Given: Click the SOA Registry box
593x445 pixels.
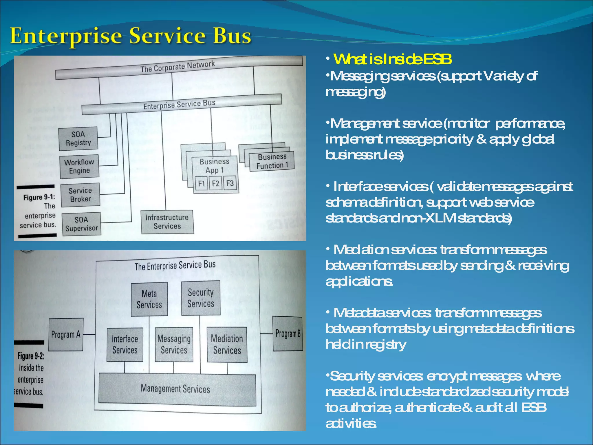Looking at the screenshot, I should coord(78,138).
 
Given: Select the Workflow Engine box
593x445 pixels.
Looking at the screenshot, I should coord(79,166).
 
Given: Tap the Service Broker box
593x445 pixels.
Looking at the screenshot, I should coord(80,195).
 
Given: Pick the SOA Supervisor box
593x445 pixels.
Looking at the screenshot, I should coord(81,224).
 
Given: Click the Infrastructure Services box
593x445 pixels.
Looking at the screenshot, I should coord(167,222).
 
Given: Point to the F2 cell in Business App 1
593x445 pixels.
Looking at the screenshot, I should coord(215,183).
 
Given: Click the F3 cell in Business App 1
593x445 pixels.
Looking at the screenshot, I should coord(230,183).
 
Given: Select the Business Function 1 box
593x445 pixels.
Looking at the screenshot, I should coord(272,161).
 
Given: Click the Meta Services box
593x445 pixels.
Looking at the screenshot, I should coord(149,299).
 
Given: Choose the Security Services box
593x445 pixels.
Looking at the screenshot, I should coord(201,298).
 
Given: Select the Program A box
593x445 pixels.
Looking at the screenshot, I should coord(66,335).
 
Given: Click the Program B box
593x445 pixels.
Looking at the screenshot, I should coord(288,334).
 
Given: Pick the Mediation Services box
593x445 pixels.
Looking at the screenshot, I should coord(227,344).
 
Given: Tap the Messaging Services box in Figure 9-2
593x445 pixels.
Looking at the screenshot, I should coord(174,344).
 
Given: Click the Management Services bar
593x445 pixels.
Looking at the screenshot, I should coord(177,389).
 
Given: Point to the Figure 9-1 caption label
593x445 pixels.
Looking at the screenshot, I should coord(39,198).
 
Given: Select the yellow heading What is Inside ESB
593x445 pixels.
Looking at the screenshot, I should coord(392,59).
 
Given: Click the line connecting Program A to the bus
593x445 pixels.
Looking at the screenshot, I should coord(89,335).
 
